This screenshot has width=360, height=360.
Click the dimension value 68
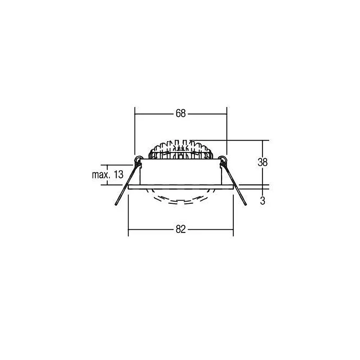pos(180,113)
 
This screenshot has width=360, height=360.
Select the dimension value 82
pos(180,229)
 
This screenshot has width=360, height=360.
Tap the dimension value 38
pos(262,162)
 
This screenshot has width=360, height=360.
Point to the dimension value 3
pos(263,201)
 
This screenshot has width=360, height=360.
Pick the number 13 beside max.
pos(118,175)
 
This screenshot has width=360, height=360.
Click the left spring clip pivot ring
pos(138,159)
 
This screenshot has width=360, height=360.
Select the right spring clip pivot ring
pos(223,159)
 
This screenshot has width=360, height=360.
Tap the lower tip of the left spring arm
pos(116,204)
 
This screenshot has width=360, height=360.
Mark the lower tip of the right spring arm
pos(246,204)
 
